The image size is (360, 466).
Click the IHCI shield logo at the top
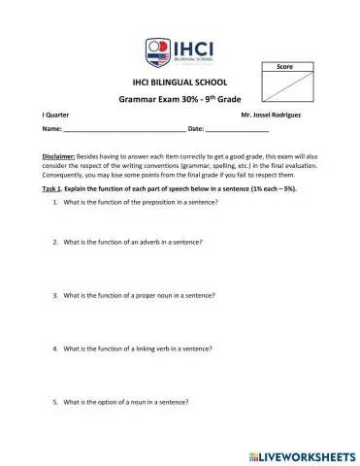[156, 50]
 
